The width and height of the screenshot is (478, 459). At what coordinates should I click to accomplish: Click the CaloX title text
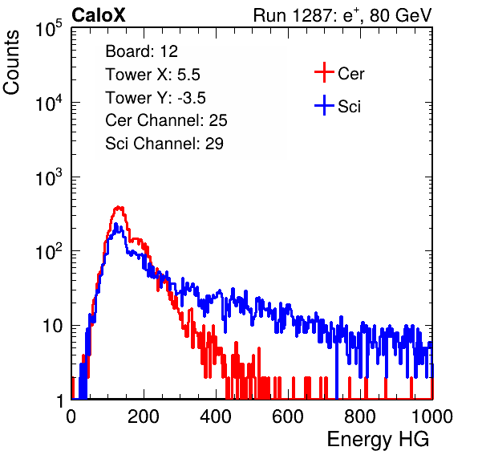pyautogui.click(x=99, y=15)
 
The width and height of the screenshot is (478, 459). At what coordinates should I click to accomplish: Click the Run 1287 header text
pyautogui.click(x=342, y=15)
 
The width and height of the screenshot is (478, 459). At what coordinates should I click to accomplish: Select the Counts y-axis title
pyautogui.click(x=11, y=63)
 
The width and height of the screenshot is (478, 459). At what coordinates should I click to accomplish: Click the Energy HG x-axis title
pyautogui.click(x=378, y=440)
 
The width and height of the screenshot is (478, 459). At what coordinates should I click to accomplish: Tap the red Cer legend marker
pyautogui.click(x=324, y=72)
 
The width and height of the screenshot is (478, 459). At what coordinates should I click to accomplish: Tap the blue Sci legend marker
pyautogui.click(x=324, y=106)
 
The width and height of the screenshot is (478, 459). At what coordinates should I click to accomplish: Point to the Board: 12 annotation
pyautogui.click(x=141, y=51)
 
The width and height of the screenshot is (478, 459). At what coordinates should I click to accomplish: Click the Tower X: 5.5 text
pyautogui.click(x=152, y=75)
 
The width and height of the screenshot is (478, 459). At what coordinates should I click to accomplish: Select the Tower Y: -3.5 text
pyautogui.click(x=156, y=98)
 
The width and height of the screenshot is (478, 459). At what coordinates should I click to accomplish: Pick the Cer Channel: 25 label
pyautogui.click(x=166, y=120)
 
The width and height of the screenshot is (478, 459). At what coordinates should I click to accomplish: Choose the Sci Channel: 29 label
pyautogui.click(x=164, y=144)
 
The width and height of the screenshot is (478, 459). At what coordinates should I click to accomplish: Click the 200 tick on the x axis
pyautogui.click(x=144, y=417)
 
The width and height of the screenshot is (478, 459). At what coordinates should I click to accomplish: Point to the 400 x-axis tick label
pyautogui.click(x=216, y=417)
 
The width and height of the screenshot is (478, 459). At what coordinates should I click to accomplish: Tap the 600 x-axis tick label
pyautogui.click(x=288, y=417)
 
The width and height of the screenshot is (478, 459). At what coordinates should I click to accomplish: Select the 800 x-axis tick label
pyautogui.click(x=360, y=417)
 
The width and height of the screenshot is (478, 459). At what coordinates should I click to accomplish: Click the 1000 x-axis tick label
pyautogui.click(x=432, y=417)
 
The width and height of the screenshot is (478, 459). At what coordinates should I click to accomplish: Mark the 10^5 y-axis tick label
pyautogui.click(x=49, y=29)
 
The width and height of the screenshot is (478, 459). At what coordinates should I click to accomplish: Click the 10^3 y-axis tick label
pyautogui.click(x=49, y=178)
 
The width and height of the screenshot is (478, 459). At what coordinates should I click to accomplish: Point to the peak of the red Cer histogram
pyautogui.click(x=119, y=208)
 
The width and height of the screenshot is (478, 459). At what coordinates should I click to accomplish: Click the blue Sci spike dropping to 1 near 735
pyautogui.click(x=337, y=369)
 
